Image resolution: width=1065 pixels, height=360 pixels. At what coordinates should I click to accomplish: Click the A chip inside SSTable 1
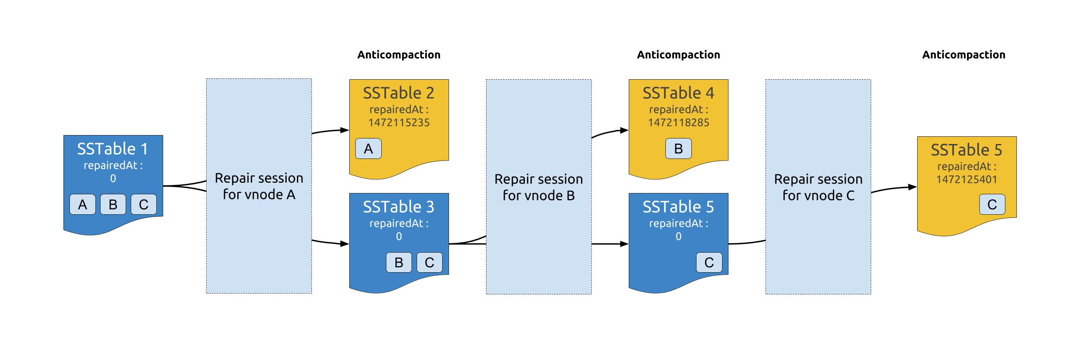coord(82,204)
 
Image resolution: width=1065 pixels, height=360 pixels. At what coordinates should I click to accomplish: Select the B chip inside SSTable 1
coord(113,204)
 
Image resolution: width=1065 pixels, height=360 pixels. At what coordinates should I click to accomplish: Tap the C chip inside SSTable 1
coord(144,204)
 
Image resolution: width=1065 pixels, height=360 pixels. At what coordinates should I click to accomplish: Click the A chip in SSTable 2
coord(368,149)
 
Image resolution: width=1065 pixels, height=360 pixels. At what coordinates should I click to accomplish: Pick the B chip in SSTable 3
coord(399,262)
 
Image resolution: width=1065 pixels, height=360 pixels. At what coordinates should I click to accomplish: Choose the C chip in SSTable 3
coord(429,262)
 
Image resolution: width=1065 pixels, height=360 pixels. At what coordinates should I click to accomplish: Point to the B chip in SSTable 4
coord(679,149)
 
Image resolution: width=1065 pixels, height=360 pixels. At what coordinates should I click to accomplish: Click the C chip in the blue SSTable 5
coord(709,262)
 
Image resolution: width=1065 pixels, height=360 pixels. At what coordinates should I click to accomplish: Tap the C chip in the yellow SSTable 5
coord(992,204)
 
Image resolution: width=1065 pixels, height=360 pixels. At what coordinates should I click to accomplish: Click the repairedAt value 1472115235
coord(399,123)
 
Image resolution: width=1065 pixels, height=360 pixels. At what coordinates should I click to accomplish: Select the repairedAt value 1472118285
coord(679,123)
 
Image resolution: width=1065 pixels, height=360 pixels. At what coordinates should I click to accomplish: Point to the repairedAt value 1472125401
coord(967,179)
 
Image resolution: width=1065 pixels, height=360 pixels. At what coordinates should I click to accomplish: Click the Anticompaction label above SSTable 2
coord(399,55)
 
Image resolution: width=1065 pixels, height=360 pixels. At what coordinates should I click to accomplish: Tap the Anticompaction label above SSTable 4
coord(679,55)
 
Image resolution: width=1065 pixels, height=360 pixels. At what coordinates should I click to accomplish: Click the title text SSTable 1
coord(112,149)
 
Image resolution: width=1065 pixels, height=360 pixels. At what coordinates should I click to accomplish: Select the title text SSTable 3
coord(399,207)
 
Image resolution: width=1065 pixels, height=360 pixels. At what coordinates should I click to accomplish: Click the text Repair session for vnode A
coord(259,186)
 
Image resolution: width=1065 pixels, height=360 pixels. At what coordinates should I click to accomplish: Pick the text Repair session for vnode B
coord(539,187)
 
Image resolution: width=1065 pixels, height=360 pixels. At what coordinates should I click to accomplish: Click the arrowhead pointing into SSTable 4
coord(625,130)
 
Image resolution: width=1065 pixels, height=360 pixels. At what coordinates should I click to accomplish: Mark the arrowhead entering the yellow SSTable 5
coord(912,187)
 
